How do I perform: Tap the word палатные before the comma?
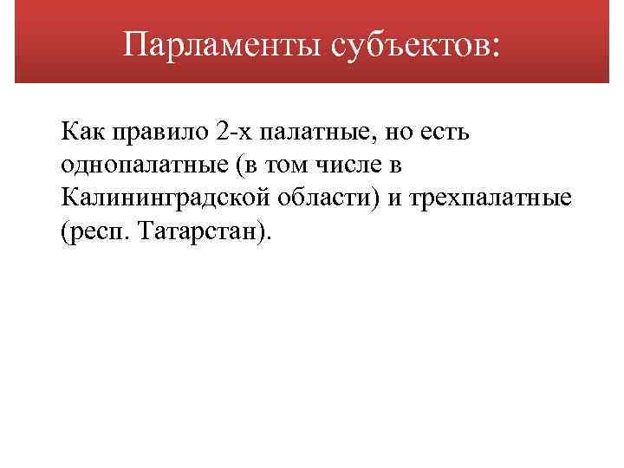[316, 134]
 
